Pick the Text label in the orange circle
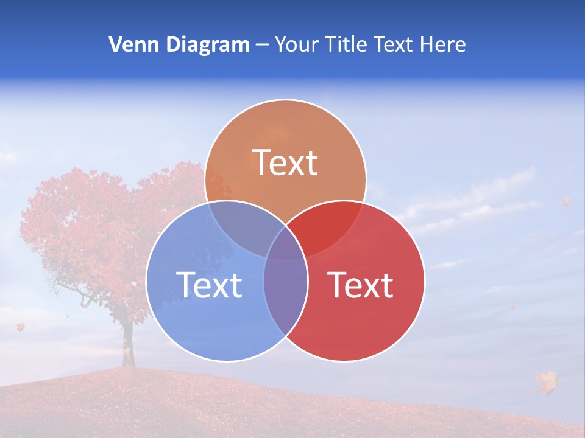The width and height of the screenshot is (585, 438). tap(285, 162)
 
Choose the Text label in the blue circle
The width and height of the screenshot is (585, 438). tap(209, 284)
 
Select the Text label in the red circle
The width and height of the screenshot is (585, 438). tap(360, 284)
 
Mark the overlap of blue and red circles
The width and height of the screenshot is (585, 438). tap(285, 286)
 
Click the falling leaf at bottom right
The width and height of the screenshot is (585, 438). tap(547, 382)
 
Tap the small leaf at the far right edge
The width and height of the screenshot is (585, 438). tap(565, 201)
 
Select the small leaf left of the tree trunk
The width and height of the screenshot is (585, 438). tap(21, 327)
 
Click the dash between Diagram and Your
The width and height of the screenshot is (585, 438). tap(262, 45)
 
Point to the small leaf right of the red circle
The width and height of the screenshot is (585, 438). tap(512, 306)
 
